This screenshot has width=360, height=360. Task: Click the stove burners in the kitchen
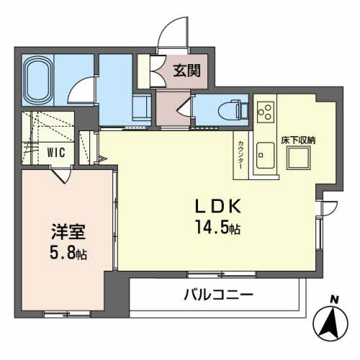pos(264,110)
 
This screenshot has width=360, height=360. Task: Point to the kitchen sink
pos(264,153)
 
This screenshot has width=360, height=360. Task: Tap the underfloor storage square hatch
pos(298,157)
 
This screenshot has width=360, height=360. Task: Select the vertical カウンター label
pos(240,153)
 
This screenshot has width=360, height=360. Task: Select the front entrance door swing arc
pos(171,37)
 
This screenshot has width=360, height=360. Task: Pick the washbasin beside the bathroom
pos(141,108)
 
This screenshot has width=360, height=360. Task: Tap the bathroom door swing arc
pos(84,90)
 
